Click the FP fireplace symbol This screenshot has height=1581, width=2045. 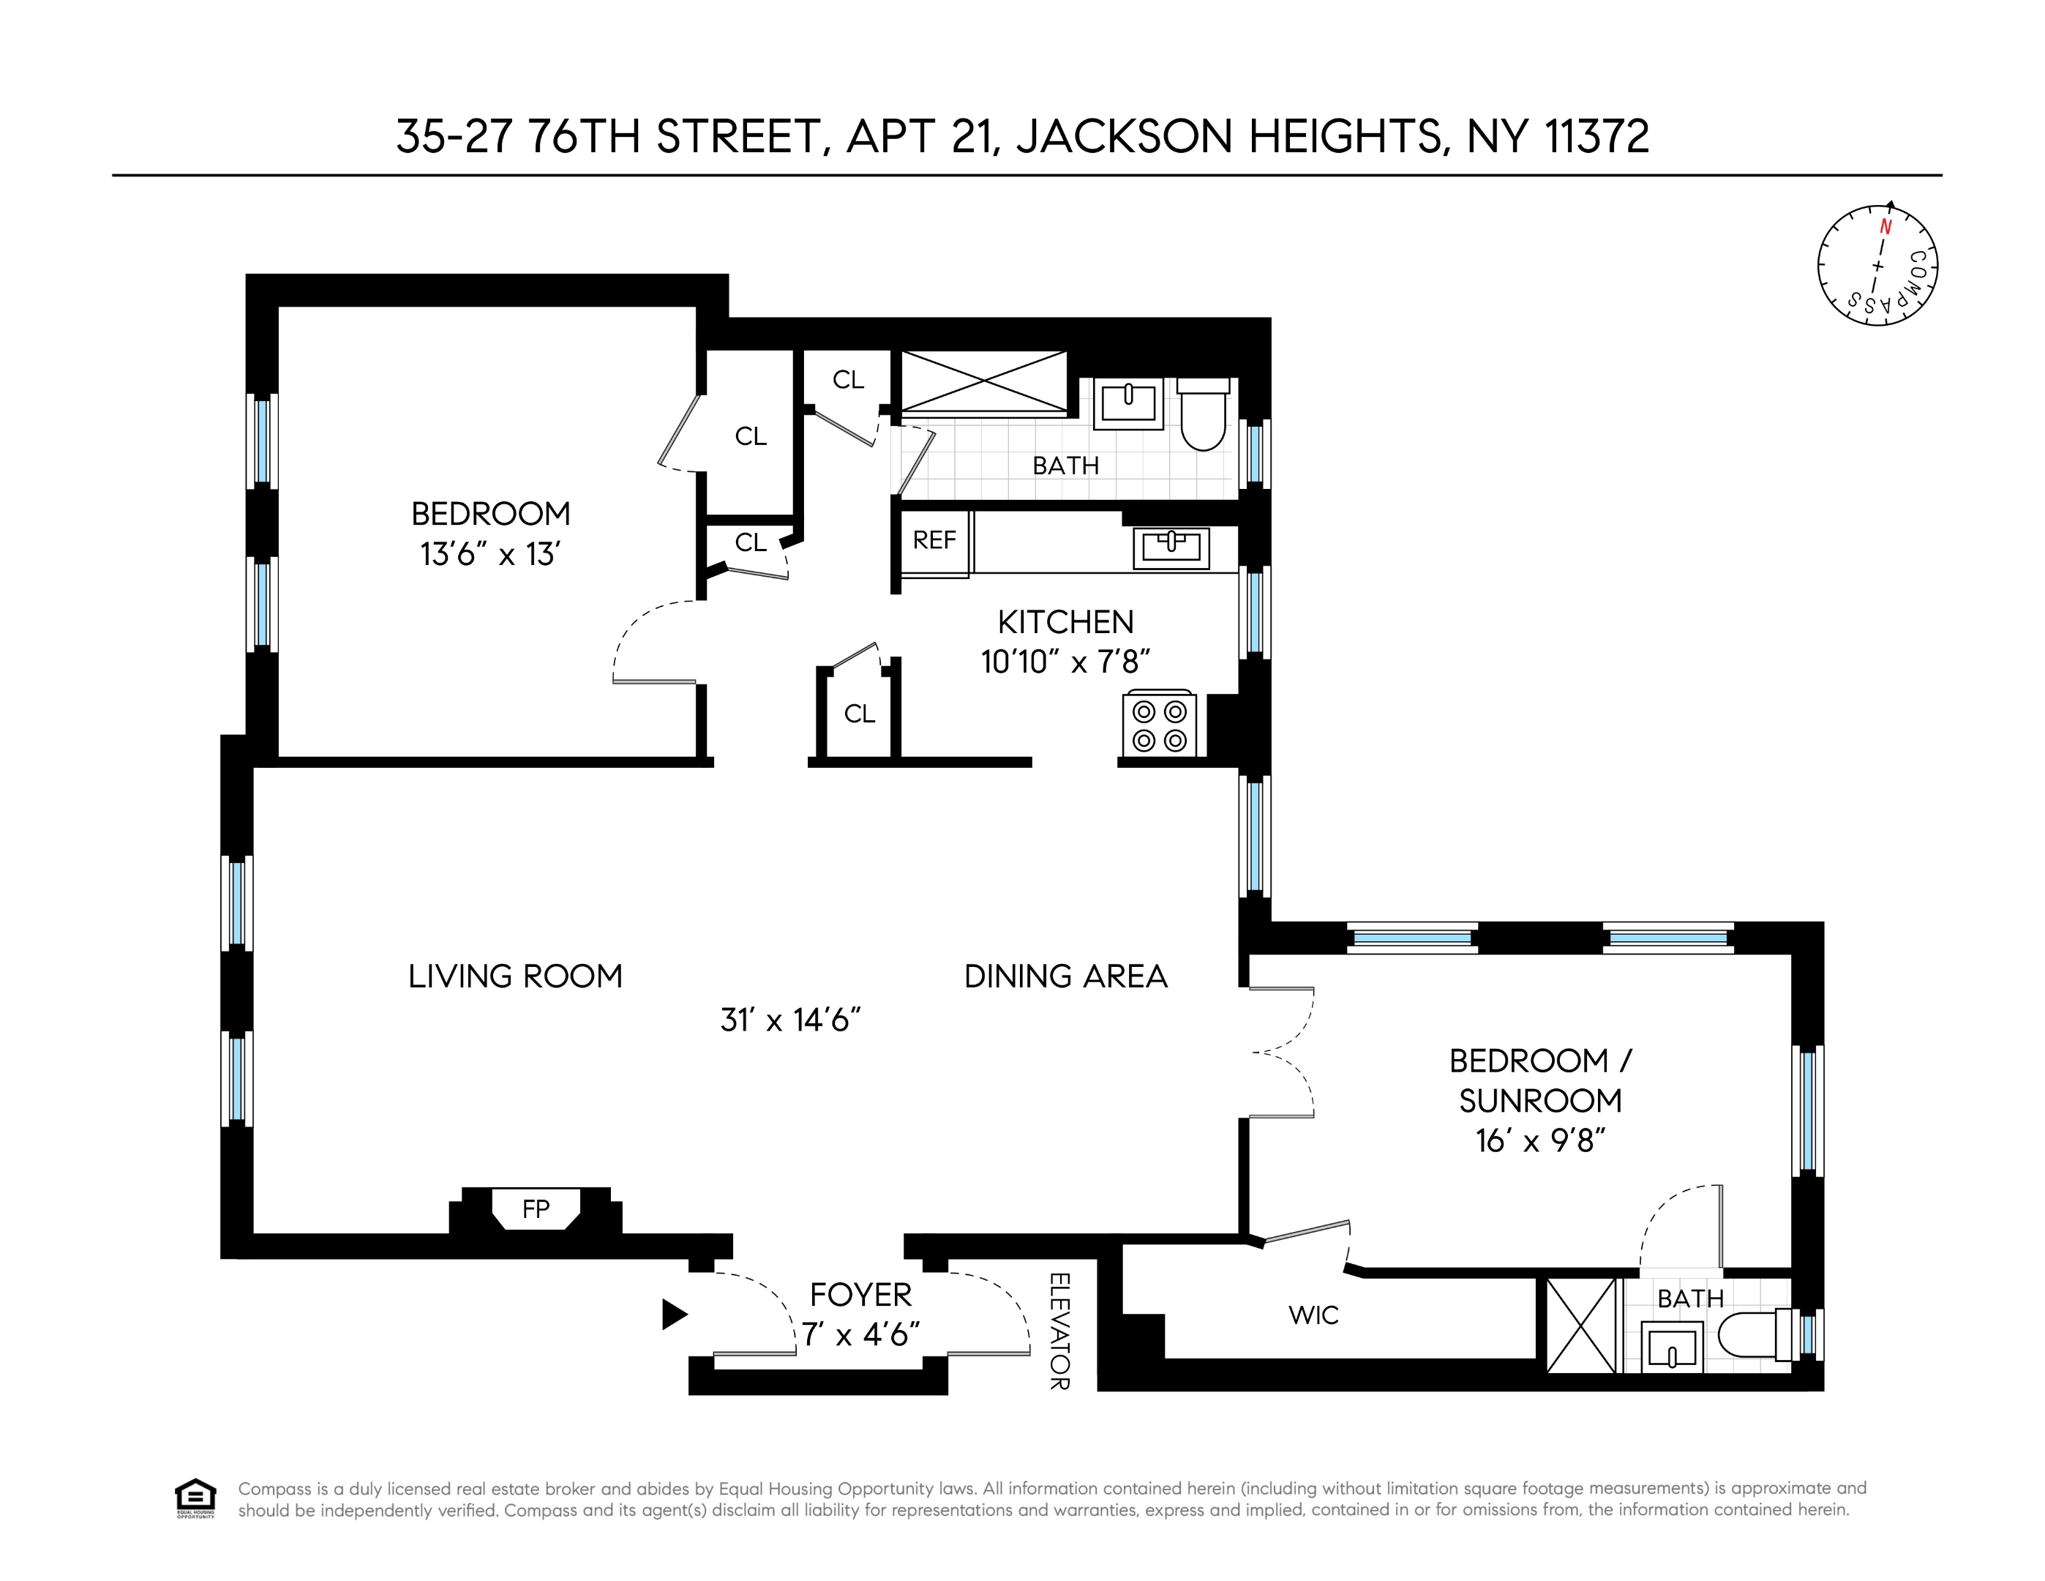(x=536, y=1208)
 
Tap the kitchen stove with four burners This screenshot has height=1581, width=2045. (x=1159, y=725)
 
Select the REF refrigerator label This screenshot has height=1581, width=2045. (x=934, y=540)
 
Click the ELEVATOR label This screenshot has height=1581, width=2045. (x=1059, y=1331)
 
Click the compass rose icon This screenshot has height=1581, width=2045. (x=1877, y=266)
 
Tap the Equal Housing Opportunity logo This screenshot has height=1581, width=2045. (x=195, y=1498)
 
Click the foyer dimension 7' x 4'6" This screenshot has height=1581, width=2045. (x=860, y=1334)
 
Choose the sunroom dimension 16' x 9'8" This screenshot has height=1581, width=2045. (x=1540, y=1141)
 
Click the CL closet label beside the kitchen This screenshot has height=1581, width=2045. (x=859, y=714)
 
